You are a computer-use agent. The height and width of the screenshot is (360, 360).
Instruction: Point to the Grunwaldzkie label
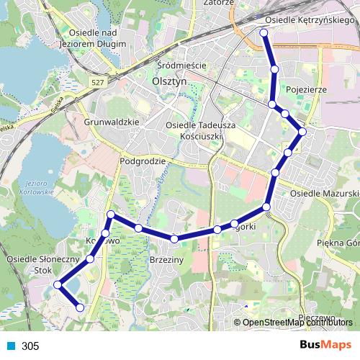pos(111,122)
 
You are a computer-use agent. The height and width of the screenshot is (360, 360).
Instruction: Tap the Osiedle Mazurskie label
pos(324,194)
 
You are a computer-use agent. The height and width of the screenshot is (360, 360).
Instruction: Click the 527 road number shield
pos(98,82)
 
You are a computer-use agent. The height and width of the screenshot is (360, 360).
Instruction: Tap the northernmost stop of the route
pos(264,33)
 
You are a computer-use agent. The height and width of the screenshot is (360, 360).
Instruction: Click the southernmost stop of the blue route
pos(80,307)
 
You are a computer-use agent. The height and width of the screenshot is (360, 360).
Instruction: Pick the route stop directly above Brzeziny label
pos(174,238)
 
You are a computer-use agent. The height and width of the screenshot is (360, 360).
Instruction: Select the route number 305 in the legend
pos(30,346)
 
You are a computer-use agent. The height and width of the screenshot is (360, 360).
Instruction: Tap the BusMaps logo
pos(325,345)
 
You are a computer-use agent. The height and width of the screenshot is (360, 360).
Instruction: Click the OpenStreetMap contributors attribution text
pos(295,322)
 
